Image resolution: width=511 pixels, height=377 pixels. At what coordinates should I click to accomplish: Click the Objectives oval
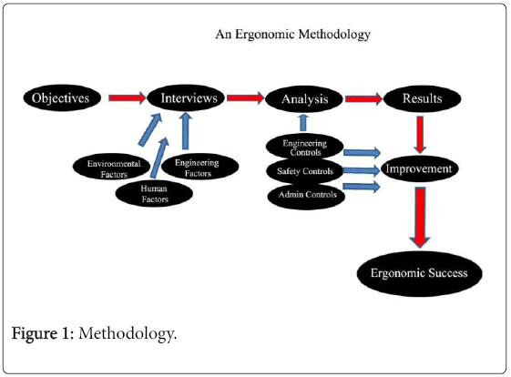point(62,98)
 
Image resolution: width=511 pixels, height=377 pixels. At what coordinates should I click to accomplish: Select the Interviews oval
point(186,98)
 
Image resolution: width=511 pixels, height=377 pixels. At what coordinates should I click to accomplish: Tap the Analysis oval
point(304,99)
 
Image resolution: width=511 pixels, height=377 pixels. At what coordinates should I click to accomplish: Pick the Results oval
point(422,98)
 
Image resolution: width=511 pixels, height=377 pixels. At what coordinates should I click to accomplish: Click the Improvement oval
point(419,168)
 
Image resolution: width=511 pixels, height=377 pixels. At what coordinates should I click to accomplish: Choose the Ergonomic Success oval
point(420,273)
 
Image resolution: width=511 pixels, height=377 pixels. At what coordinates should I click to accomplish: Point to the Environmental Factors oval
point(111,167)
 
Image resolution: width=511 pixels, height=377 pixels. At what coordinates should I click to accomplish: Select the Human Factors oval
point(154,194)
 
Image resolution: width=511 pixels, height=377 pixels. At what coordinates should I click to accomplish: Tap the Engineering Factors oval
point(200,167)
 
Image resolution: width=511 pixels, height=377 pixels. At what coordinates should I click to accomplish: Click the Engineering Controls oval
point(305,147)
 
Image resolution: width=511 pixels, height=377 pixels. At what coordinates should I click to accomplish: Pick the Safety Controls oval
point(305,171)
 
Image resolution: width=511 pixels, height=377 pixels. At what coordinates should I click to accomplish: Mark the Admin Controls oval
point(306,196)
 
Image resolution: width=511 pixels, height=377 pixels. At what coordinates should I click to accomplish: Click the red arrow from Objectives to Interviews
point(128,97)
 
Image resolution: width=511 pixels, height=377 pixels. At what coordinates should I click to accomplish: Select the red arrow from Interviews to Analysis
point(245,97)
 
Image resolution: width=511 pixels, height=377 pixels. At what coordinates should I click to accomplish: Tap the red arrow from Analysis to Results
point(364,98)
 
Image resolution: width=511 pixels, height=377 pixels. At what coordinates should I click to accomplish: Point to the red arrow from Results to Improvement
point(420,134)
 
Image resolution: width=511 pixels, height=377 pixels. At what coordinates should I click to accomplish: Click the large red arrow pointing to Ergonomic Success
point(420,217)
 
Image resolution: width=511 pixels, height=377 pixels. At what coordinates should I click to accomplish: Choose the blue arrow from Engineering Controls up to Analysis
point(303,123)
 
